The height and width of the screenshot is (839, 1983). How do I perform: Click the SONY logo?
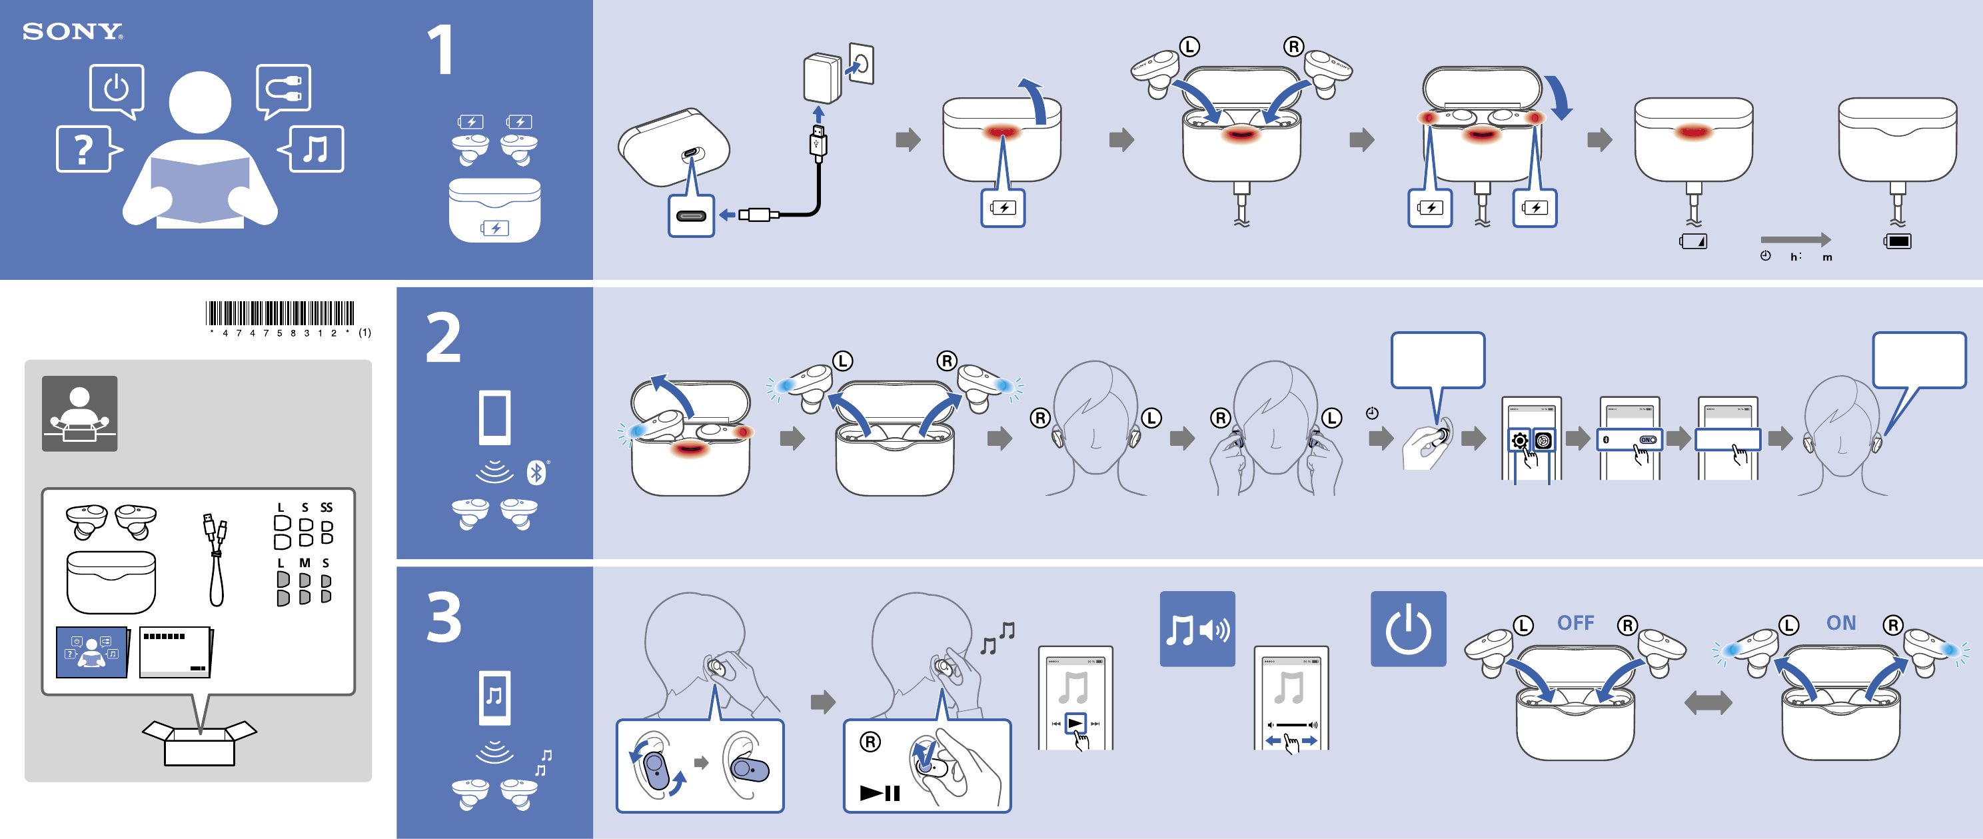(73, 31)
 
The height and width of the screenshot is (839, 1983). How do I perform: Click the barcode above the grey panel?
(281, 313)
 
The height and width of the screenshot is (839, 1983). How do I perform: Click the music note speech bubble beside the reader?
(311, 149)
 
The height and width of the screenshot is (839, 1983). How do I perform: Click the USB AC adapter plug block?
(822, 78)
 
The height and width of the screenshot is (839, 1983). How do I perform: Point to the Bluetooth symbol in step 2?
(536, 472)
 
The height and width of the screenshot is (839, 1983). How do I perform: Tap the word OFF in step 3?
(1575, 622)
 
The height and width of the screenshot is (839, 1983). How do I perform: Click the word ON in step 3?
(1840, 622)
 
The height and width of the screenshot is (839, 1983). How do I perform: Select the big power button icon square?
(1408, 629)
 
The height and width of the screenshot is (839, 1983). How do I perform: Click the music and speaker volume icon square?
(1197, 629)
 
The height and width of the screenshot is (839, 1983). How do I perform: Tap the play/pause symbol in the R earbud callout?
(880, 793)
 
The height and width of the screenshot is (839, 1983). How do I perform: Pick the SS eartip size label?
(327, 507)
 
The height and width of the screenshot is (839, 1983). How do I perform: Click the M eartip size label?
(305, 562)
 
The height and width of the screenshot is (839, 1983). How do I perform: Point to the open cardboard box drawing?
(199, 742)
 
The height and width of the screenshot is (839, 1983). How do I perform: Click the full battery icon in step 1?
(1898, 242)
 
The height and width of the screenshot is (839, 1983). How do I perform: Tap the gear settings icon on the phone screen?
(1519, 441)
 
